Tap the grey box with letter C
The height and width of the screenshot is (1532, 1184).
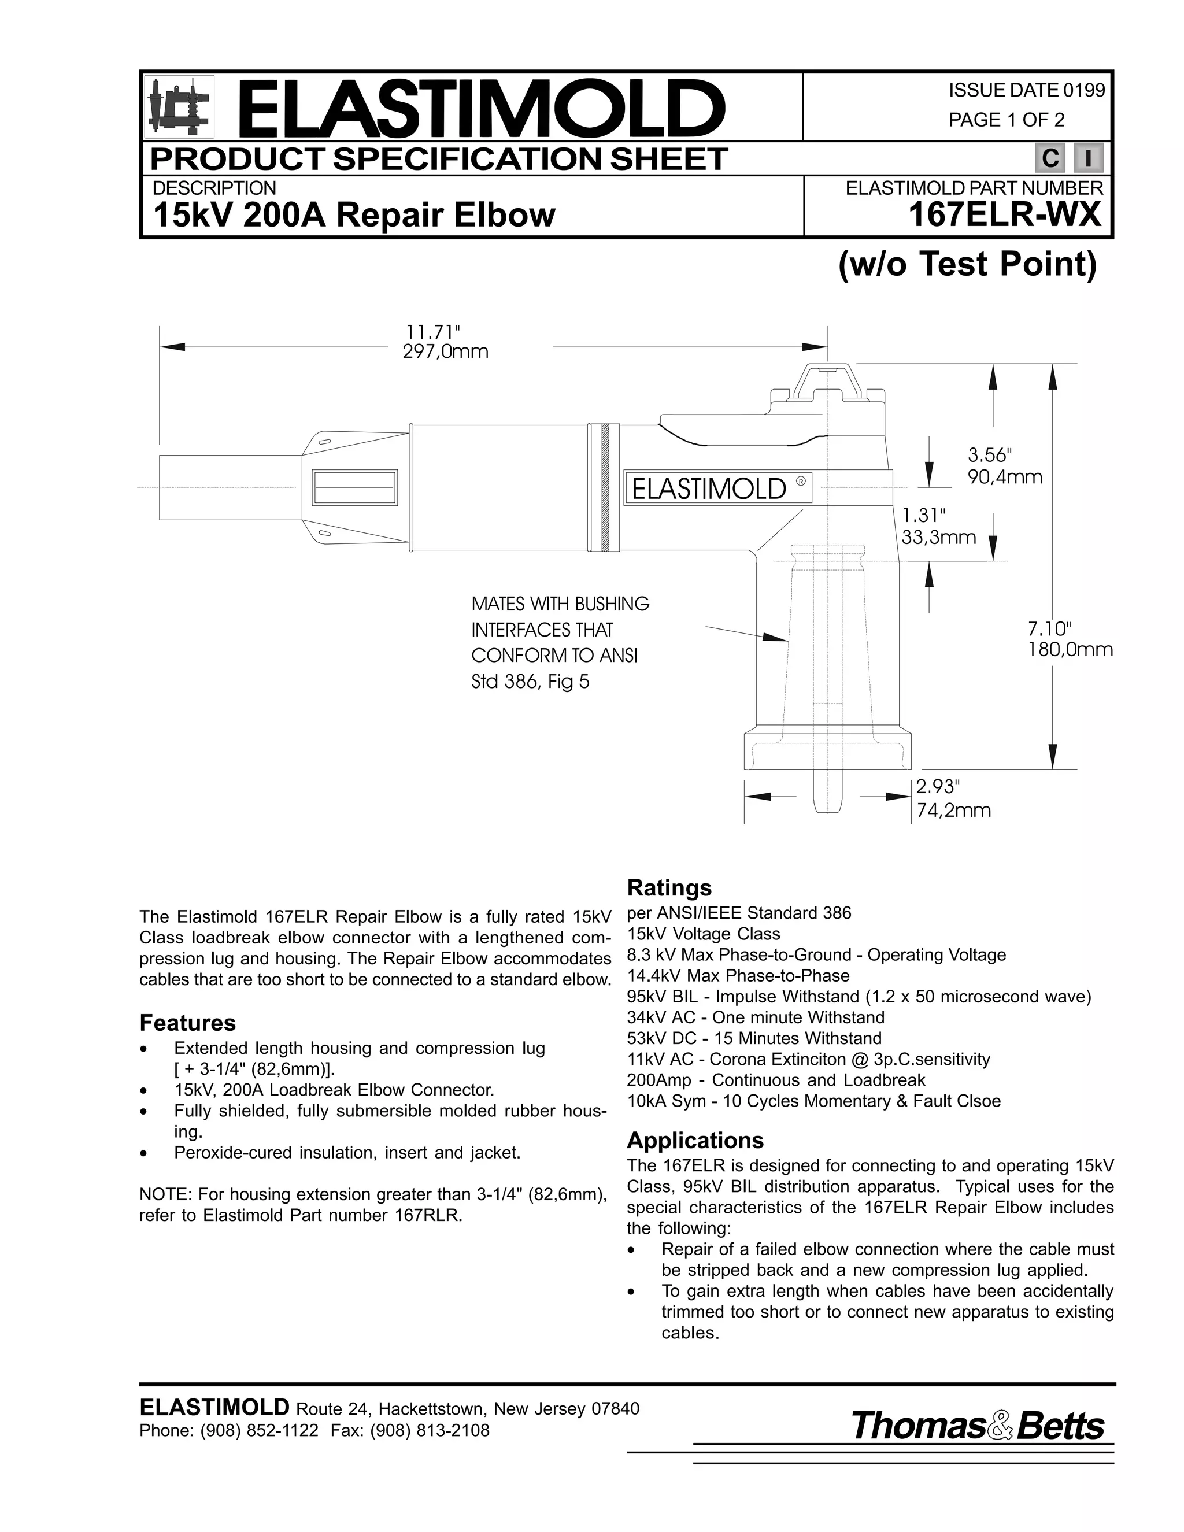point(1050,158)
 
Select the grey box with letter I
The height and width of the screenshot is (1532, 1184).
point(1088,158)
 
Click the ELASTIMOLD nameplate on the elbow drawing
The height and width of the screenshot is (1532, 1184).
point(717,487)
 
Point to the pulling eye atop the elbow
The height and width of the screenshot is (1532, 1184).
point(828,382)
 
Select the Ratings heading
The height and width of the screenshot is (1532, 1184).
point(668,887)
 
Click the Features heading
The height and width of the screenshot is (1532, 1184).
point(187,1023)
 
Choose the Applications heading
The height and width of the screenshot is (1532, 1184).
point(694,1140)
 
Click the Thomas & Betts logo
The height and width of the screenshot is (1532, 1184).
point(977,1426)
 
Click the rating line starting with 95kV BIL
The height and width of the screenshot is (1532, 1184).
point(859,997)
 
